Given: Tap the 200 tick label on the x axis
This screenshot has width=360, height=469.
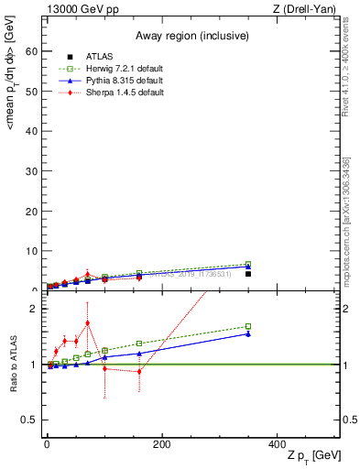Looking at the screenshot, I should [x=161, y=444].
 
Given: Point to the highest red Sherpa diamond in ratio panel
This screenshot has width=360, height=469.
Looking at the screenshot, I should [x=88, y=322].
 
